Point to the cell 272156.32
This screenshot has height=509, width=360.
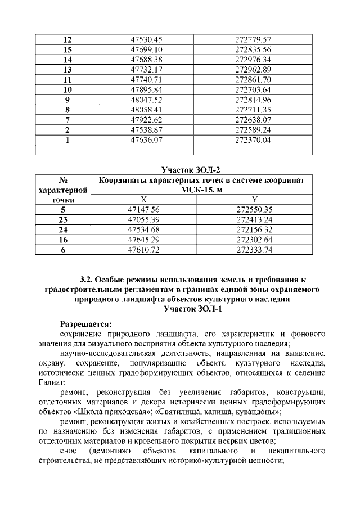point(255,230)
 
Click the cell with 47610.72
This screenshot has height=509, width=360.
point(144,250)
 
